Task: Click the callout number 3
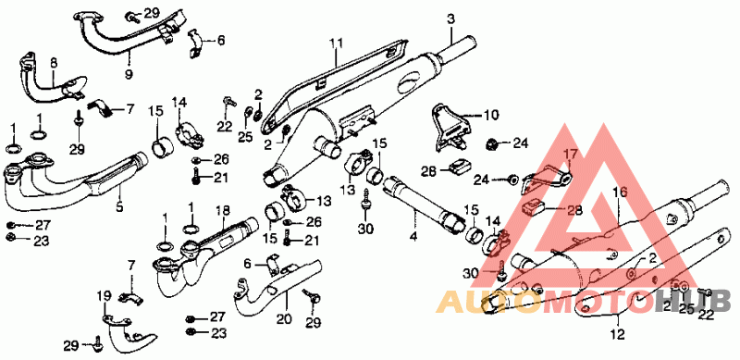pos(450,19)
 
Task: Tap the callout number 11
pos(336,43)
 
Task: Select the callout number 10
pos(491,115)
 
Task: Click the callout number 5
pos(119,206)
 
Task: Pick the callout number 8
pos(53,62)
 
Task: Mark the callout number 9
pos(129,74)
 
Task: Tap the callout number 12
pos(618,334)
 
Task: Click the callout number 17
pos(570,154)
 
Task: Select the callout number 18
pos(223,211)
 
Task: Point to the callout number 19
pos(104,296)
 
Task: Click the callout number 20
pos(284,319)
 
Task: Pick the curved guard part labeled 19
pos(127,335)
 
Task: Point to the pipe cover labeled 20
pos(276,289)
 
